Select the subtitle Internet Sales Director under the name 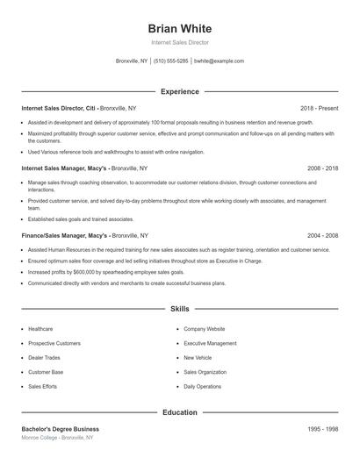(x=179, y=42)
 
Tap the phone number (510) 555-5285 (x=170, y=61)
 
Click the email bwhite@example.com (x=219, y=61)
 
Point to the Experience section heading (x=179, y=91)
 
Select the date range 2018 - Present (x=319, y=108)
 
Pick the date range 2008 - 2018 (x=322, y=168)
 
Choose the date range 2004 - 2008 (x=322, y=236)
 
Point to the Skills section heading (x=179, y=309)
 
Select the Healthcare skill (x=40, y=328)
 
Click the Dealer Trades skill (x=44, y=357)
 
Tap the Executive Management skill (x=210, y=343)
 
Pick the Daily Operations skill (x=202, y=386)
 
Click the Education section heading (x=179, y=411)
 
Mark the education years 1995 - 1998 (x=322, y=428)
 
